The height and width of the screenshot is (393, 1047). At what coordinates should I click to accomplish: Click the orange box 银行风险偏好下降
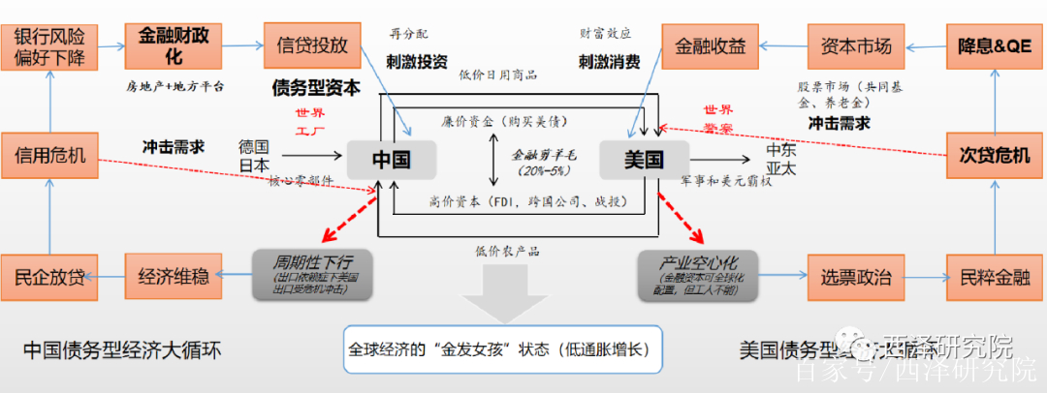(x=49, y=46)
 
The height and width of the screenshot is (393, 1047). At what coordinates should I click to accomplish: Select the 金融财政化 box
(x=174, y=45)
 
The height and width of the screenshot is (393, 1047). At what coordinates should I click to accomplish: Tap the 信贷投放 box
(x=311, y=45)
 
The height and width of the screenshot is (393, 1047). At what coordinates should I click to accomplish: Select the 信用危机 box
(x=49, y=155)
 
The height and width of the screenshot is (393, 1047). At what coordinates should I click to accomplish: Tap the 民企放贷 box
(x=49, y=278)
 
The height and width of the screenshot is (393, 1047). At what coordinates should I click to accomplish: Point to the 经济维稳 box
(x=174, y=278)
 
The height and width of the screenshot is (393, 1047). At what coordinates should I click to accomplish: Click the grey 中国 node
(x=391, y=159)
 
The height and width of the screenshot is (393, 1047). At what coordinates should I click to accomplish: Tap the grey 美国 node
(x=644, y=159)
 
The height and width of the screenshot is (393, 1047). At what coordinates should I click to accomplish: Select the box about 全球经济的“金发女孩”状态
(x=502, y=349)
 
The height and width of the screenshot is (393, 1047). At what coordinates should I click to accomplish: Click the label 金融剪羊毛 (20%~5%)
(x=545, y=161)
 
